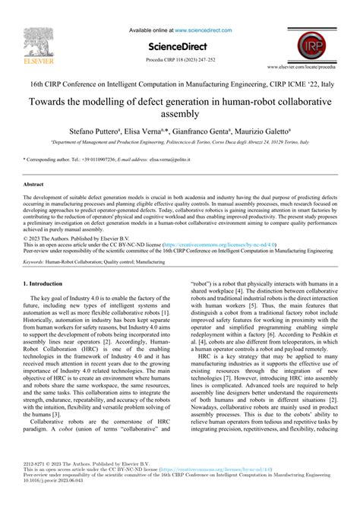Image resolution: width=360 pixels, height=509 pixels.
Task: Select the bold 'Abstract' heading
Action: [x=34, y=185]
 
